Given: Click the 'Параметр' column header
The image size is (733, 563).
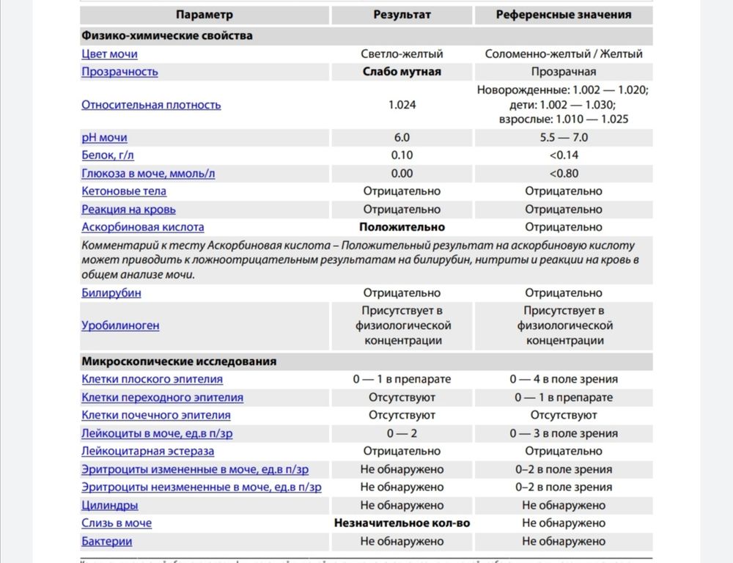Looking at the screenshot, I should [x=205, y=14].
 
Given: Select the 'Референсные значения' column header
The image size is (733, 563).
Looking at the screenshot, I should [x=563, y=14].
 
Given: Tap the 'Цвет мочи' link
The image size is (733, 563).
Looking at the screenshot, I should [x=109, y=54].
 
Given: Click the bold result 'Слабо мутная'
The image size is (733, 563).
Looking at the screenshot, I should [x=402, y=72].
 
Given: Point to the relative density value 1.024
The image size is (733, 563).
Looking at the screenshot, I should [x=402, y=105].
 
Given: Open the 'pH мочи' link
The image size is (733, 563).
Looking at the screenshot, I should [x=104, y=137].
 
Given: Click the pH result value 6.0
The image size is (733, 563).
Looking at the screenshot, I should [x=402, y=137].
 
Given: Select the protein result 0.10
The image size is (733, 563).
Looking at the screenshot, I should [x=402, y=155].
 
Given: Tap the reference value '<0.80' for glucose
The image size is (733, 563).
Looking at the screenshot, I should [x=563, y=174].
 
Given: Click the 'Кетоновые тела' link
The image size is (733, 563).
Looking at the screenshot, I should [x=124, y=191].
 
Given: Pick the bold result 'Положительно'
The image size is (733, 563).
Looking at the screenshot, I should [x=402, y=227].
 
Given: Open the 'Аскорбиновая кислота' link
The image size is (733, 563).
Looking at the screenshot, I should [x=143, y=227].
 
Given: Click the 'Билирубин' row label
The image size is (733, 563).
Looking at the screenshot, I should [x=111, y=293].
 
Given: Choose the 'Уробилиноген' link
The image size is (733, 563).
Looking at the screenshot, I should [x=120, y=325].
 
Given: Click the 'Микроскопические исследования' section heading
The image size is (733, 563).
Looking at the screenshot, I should [x=179, y=361].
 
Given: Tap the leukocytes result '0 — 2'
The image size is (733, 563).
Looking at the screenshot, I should [x=402, y=433].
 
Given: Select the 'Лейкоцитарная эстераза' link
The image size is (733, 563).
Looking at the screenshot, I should [x=148, y=452].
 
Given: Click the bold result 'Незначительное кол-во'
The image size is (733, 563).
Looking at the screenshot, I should [x=402, y=523].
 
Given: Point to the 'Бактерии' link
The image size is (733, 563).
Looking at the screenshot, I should [x=107, y=542].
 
